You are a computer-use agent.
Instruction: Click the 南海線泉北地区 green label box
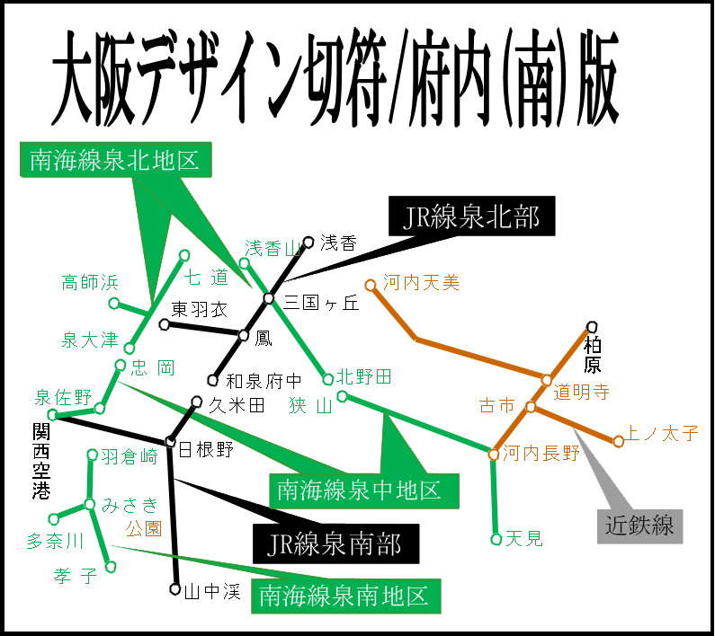coord(115,160)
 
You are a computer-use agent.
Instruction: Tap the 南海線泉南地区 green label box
coord(345,596)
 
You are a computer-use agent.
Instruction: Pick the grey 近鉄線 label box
coord(639,526)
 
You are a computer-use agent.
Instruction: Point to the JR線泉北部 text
coord(471,217)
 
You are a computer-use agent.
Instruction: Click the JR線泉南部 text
coord(334,543)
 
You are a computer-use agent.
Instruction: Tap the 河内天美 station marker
coord(370,285)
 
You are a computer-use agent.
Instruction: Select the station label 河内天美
coord(421,283)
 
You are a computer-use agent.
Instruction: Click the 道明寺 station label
coord(581,392)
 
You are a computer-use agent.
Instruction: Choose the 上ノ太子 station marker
coord(618,441)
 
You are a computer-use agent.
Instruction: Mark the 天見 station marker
coord(496,539)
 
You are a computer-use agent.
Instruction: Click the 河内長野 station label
coord(541,453)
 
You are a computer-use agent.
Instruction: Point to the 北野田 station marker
coord(328,379)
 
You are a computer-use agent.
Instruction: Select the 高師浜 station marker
coord(114,303)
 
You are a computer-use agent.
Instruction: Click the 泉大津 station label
coord(89,340)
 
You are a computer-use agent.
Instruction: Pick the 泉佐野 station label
coord(63,397)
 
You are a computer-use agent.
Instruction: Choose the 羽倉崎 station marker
coord(92,455)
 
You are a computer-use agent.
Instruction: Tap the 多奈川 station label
coord(55,541)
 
